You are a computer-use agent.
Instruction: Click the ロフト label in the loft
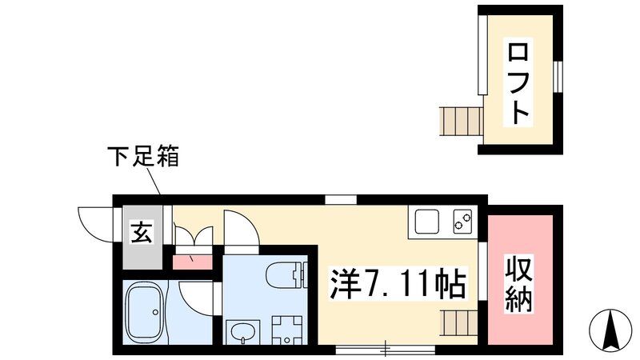click(519, 82)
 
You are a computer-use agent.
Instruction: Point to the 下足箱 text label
click(144, 155)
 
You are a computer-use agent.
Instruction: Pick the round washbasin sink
click(239, 330)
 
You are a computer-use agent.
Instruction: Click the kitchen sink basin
click(426, 220)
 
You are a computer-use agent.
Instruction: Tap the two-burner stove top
click(462, 220)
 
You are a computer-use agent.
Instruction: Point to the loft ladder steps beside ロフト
click(461, 122)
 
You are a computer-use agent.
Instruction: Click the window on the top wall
click(340, 199)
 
